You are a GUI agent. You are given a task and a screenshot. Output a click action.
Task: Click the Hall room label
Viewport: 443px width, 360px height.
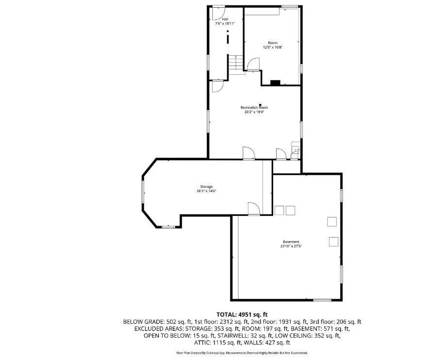225,19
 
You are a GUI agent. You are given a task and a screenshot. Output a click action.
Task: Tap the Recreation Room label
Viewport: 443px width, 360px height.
254,108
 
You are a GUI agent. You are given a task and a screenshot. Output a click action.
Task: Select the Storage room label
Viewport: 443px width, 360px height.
206,186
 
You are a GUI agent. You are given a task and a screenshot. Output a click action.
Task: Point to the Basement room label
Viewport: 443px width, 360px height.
291,242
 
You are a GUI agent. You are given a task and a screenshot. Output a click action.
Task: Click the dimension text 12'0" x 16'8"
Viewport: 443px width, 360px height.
273,48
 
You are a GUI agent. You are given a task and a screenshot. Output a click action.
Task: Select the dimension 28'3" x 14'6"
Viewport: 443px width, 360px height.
206,191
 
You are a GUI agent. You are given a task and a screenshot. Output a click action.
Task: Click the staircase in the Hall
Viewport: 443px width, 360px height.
236,65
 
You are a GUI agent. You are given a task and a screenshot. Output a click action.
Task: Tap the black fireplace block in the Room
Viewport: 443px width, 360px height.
275,82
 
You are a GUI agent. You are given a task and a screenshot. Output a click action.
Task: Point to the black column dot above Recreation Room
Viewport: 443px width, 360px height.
260,105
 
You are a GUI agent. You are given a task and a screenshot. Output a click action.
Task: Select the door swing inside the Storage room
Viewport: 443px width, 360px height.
254,209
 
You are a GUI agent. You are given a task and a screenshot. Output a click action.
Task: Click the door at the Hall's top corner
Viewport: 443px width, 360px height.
218,13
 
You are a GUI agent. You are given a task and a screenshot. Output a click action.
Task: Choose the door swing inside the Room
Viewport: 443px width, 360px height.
253,64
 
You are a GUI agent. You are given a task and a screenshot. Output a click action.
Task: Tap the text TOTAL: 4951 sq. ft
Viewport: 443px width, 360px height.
242,314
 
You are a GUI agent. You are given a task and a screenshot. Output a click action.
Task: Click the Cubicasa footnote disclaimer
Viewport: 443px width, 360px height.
242,353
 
